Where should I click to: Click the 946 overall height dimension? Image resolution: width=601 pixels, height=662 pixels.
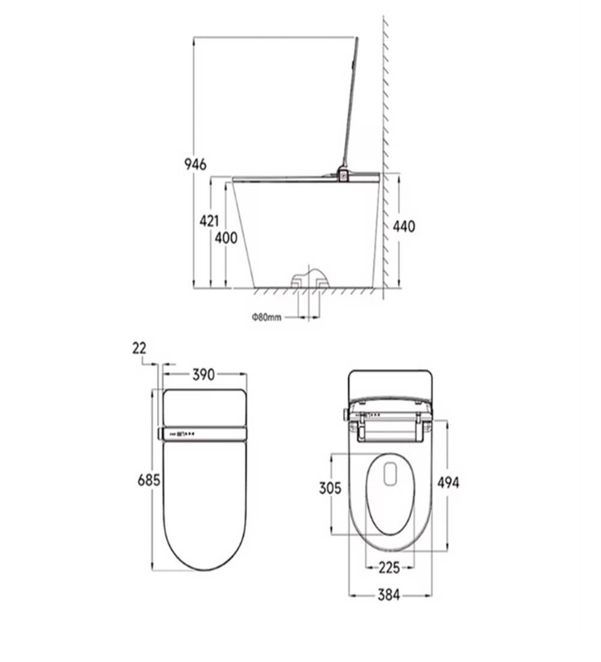tap(195, 164)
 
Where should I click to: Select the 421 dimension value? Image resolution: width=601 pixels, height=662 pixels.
tap(209, 221)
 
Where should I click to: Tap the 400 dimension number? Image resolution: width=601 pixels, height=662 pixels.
tap(226, 238)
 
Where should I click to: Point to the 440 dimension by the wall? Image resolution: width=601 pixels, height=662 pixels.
tap(404, 226)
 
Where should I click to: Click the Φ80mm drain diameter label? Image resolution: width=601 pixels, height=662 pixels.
tap(267, 317)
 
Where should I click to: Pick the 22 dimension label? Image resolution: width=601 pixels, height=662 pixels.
tap(139, 348)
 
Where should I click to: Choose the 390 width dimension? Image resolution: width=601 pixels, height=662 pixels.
tap(204, 374)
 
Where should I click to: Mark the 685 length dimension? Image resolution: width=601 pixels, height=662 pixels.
tap(149, 480)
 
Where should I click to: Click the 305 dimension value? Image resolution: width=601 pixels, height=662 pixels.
tap(330, 488)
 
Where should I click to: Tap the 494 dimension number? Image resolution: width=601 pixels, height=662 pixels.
tap(448, 483)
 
